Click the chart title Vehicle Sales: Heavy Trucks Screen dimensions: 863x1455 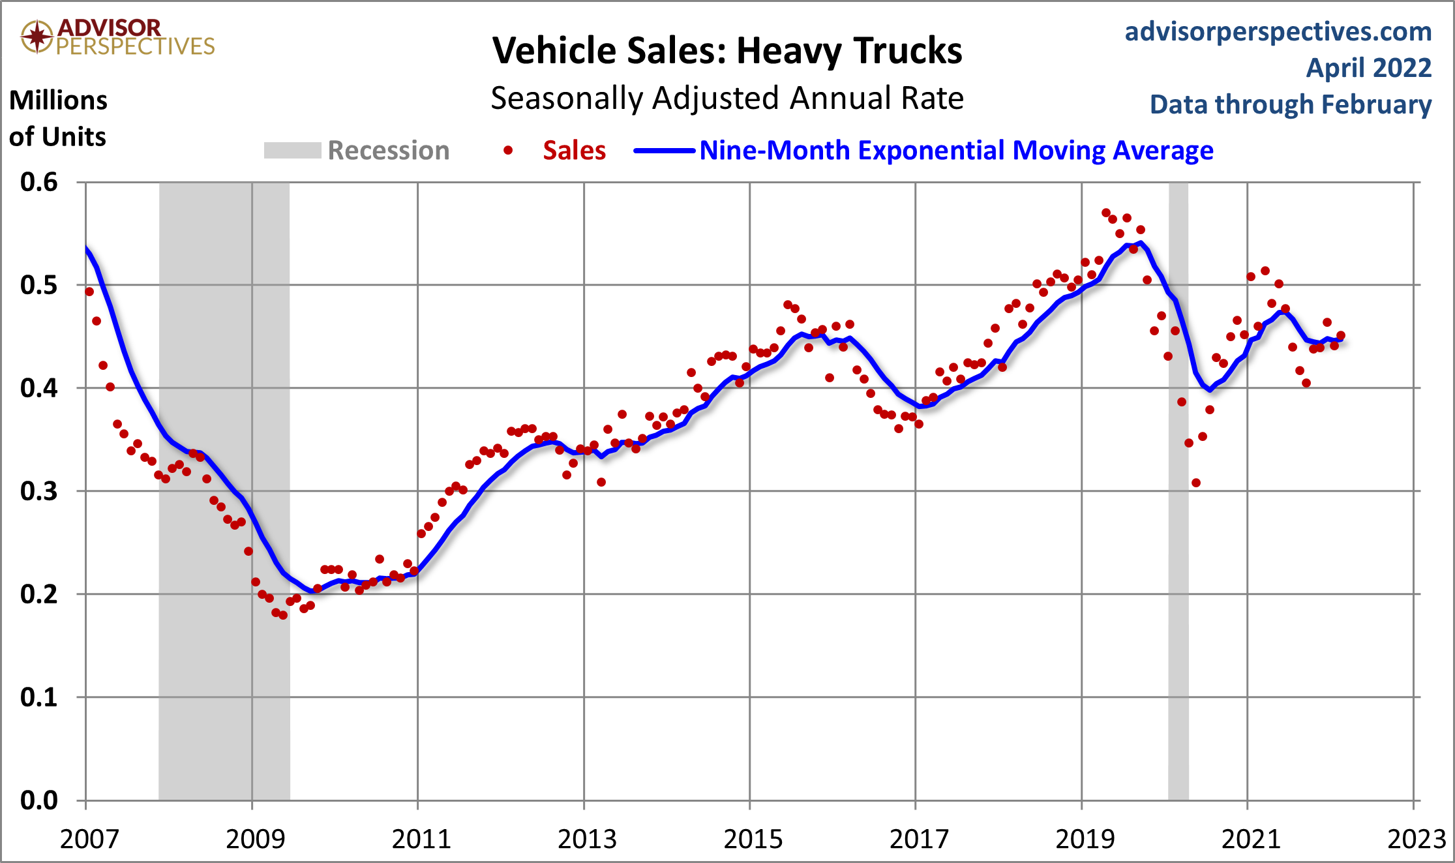coord(727,51)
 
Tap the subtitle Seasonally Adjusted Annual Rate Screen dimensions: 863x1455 coord(727,98)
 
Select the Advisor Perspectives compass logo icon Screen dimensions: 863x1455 coord(37,37)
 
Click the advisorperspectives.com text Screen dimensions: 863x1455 coord(1278,31)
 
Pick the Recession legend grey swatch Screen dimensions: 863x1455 coord(292,151)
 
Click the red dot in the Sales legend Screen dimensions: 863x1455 coord(508,151)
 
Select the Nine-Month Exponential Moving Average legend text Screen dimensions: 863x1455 coord(956,151)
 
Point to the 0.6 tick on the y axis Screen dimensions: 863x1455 coord(39,182)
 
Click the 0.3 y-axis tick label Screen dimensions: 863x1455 coord(39,491)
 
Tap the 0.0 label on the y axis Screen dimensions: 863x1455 coord(39,800)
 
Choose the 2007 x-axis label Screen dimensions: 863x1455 coord(89,839)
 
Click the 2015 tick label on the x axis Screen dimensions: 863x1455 coord(753,839)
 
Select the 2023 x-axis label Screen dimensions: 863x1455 coord(1416,839)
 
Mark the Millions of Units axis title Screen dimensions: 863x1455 coord(58,119)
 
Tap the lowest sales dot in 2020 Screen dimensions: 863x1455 coord(1195,483)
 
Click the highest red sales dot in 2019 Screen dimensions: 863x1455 coord(1105,213)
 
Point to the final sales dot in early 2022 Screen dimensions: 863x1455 coord(1341,335)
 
